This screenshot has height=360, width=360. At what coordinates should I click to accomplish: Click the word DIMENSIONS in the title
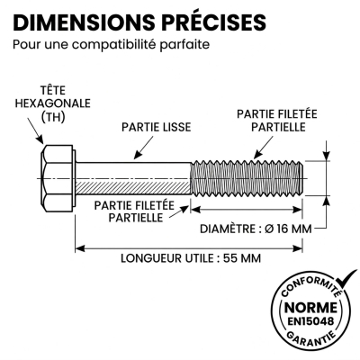(84, 22)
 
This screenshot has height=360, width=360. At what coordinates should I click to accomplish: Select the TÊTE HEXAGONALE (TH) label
(53, 103)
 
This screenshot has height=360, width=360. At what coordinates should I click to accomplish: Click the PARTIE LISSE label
(157, 127)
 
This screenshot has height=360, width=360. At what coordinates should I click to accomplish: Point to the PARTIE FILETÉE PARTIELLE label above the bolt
(277, 121)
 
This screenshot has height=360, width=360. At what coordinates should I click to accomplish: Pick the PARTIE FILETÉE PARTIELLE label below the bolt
(134, 211)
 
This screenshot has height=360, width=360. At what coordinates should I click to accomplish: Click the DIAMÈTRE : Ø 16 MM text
(256, 229)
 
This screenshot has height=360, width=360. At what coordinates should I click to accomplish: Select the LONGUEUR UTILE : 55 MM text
(191, 258)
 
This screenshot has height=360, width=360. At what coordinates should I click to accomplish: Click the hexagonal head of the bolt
(58, 178)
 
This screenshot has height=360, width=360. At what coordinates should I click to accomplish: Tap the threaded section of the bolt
(247, 178)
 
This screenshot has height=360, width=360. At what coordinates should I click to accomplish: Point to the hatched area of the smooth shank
(133, 186)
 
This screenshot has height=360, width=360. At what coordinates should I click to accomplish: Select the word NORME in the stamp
(310, 308)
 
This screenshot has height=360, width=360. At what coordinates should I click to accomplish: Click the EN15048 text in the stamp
(310, 321)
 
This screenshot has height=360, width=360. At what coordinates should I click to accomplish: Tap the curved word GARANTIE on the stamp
(310, 337)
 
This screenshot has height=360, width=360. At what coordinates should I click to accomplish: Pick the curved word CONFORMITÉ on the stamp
(309, 286)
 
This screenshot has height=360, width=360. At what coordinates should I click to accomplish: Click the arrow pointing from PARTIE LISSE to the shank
(143, 148)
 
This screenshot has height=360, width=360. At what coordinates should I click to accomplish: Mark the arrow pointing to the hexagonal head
(35, 130)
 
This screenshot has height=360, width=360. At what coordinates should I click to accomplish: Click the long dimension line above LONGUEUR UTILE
(189, 248)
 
